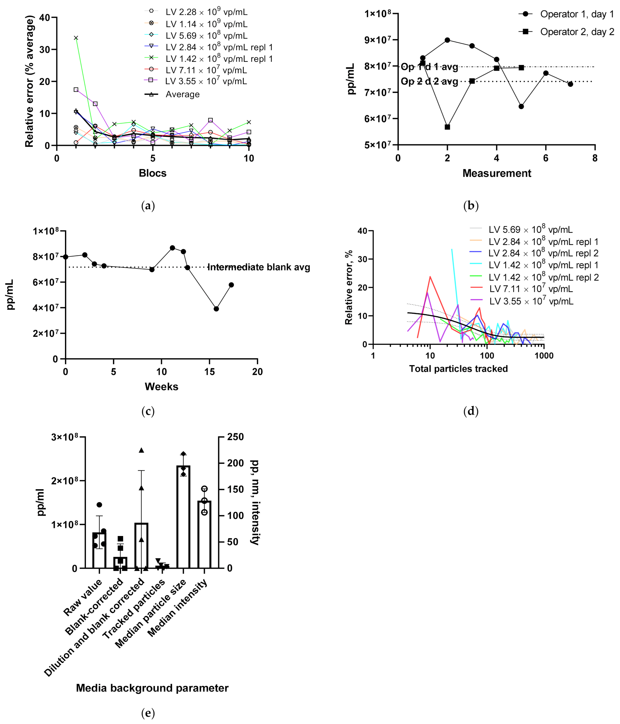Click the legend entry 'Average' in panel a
[x=182, y=94]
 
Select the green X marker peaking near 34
[x=76, y=38]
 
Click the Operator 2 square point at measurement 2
[x=447, y=127]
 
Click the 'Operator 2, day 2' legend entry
[x=577, y=32]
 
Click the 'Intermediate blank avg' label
[x=259, y=267]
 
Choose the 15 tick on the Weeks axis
[x=209, y=372]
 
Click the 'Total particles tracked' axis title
[x=458, y=369]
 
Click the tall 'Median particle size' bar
[x=183, y=517]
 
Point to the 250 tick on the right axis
[x=235, y=437]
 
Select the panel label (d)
[x=471, y=411]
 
